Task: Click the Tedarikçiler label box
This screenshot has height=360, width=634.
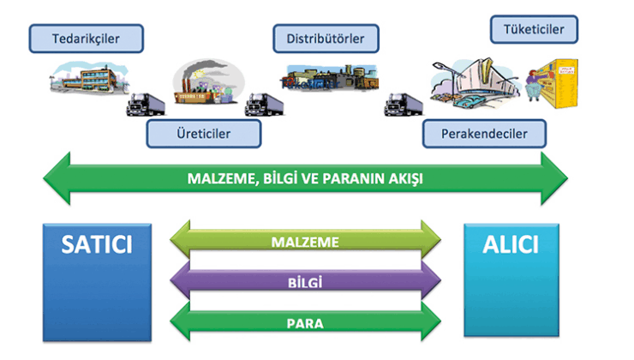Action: [86, 38]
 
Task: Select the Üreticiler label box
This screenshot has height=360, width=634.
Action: [203, 134]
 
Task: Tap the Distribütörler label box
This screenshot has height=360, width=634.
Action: [326, 38]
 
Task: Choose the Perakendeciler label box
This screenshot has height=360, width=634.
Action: [484, 134]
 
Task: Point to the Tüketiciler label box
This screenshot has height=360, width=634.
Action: [534, 30]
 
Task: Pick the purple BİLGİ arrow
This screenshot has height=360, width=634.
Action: [306, 280]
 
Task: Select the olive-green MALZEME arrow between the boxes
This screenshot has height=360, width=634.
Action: [306, 242]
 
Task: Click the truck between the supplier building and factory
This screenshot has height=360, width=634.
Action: [144, 104]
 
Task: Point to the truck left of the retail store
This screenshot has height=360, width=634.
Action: [403, 104]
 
